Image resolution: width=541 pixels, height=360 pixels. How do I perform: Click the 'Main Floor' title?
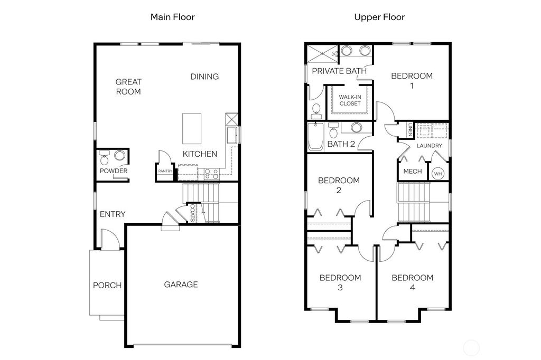[172, 17]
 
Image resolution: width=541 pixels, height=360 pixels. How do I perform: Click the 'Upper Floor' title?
[379, 17]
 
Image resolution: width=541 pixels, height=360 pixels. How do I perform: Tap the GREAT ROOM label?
[128, 87]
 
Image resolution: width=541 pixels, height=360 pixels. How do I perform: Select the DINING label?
[204, 77]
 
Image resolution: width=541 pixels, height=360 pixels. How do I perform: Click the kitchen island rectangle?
[191, 128]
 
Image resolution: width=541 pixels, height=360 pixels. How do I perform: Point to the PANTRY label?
[165, 171]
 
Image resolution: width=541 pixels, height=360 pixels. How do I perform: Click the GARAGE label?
[181, 285]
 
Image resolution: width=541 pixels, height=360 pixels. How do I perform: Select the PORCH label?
[107, 285]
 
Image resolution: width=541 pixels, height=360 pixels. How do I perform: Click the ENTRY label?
[113, 214]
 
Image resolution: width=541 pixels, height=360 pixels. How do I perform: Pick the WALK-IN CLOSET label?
[350, 100]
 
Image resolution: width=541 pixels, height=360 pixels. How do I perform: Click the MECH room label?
[413, 172]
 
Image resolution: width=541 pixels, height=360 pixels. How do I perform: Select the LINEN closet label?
[410, 129]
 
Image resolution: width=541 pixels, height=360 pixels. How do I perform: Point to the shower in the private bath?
[323, 53]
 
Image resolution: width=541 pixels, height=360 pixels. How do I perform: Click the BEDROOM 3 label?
[340, 282]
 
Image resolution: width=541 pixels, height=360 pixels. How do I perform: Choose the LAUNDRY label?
[429, 146]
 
